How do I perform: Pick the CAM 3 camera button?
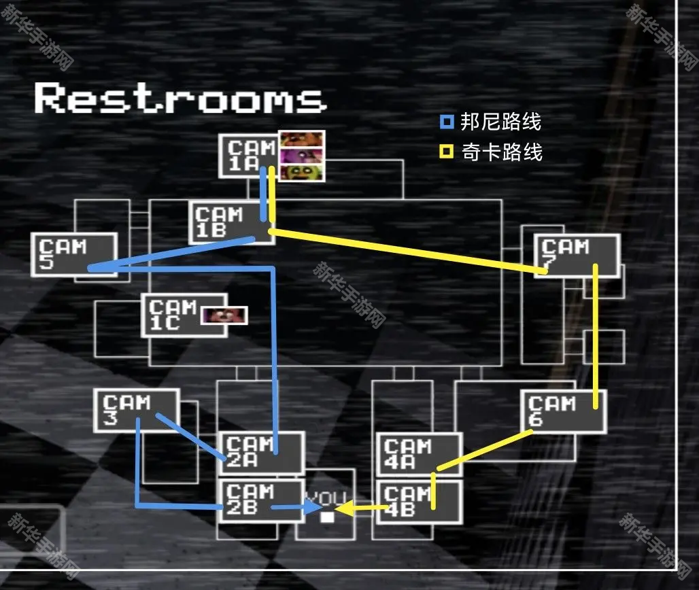click(136, 410)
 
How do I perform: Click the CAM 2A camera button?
click(261, 453)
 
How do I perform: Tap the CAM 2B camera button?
click(261, 500)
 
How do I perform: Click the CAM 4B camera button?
click(418, 502)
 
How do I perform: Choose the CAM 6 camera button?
click(563, 411)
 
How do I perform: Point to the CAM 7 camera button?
click(577, 256)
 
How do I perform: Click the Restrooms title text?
click(180, 99)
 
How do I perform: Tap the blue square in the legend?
click(447, 123)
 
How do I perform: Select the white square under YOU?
click(328, 517)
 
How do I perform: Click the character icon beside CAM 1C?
click(224, 315)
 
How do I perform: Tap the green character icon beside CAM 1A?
click(303, 173)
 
